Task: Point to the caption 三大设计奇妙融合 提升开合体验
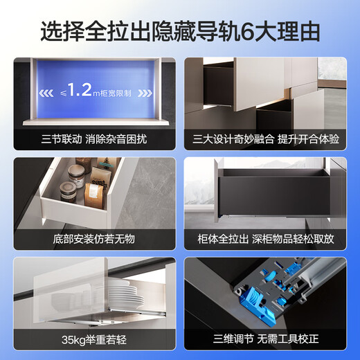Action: [266, 138]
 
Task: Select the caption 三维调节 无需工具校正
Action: [266, 339]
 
